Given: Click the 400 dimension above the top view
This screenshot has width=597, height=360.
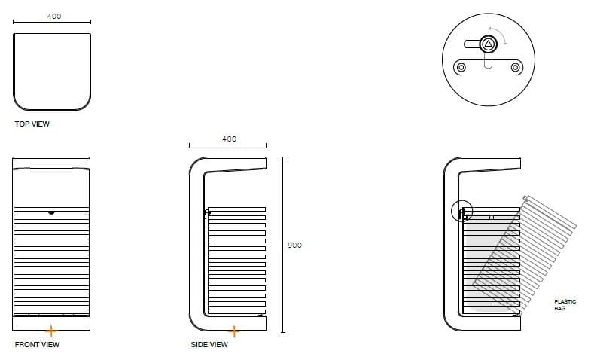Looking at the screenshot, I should (53, 16).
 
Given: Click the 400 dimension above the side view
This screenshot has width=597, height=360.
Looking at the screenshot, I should (229, 139).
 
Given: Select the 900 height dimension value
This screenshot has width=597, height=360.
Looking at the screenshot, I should (294, 246).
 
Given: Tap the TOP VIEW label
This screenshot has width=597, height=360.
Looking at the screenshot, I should (32, 124).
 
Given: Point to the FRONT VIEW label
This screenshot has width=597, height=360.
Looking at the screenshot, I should (37, 345).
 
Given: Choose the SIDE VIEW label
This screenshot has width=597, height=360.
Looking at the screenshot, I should (209, 345).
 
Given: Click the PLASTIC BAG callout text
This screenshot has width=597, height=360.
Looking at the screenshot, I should (565, 305).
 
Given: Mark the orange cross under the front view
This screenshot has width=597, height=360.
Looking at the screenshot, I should (50, 331).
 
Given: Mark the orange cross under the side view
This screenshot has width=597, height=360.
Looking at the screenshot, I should (234, 331).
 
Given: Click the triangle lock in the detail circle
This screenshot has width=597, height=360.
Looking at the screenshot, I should (488, 44).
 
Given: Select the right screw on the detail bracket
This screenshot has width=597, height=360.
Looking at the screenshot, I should (515, 68).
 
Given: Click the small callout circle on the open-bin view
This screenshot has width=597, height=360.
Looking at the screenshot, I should (461, 211).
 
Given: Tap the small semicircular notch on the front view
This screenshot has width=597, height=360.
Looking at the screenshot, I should (50, 212).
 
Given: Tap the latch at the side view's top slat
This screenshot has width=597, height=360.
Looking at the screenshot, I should (206, 213).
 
